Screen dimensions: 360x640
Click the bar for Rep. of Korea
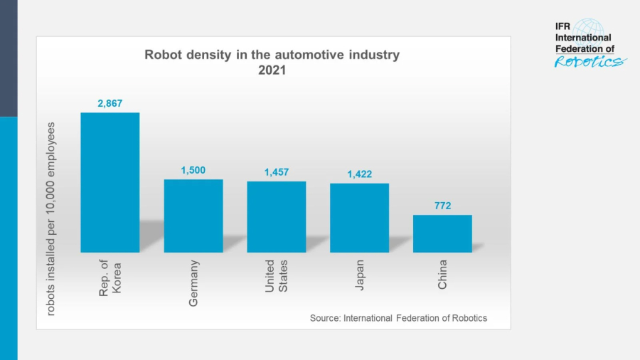click(110, 182)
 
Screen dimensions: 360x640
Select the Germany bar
click(193, 216)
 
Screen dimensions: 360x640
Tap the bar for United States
click(277, 216)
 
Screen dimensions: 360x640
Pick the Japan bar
click(359, 218)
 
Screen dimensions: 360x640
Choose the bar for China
click(442, 233)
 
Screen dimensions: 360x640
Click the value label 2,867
click(110, 103)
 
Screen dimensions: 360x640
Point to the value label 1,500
click(193, 171)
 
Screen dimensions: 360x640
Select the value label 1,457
click(277, 172)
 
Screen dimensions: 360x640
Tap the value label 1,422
click(359, 174)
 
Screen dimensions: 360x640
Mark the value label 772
click(442, 206)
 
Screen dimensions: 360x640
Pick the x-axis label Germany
click(193, 283)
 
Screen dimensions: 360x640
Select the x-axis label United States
click(277, 277)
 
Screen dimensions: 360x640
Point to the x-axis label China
click(442, 275)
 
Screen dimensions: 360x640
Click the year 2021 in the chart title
click(272, 70)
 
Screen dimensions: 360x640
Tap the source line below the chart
click(398, 318)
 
